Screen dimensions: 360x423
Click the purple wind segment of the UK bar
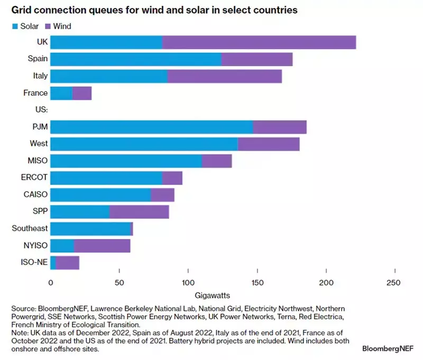(x=259, y=42)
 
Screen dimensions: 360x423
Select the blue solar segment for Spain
(x=136, y=59)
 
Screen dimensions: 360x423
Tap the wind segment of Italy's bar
(x=225, y=76)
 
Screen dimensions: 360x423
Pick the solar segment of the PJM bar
(x=152, y=127)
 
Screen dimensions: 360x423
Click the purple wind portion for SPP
(x=139, y=211)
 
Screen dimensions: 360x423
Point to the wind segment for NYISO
(x=102, y=245)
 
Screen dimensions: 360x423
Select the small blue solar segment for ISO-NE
(x=53, y=262)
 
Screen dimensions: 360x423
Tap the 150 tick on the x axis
(x=258, y=283)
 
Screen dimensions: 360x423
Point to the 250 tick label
(x=394, y=283)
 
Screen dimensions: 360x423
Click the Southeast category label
(x=30, y=228)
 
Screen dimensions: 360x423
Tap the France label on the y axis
(x=35, y=93)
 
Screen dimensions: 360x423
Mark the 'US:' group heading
(x=40, y=109)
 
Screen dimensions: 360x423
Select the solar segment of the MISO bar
(x=126, y=161)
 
